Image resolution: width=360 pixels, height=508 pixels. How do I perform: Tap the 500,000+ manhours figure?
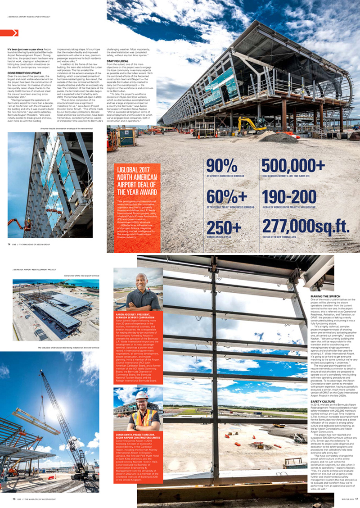pyautogui.click(x=293, y=167)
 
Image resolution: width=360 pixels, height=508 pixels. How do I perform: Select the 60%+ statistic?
pyautogui.click(x=224, y=197)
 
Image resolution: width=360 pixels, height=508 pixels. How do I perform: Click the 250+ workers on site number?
pyautogui.click(x=224, y=227)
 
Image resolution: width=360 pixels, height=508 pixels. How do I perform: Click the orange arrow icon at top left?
pyautogui.click(x=15, y=32)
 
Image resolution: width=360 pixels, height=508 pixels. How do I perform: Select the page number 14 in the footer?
pyautogui.click(x=9, y=245)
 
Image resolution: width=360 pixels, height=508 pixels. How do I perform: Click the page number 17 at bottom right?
pyautogui.click(x=356, y=499)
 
